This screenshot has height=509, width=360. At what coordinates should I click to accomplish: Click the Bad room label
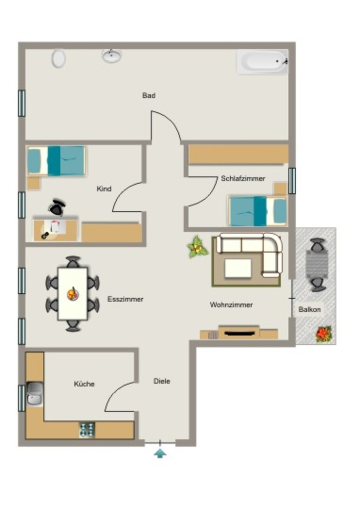(149, 95)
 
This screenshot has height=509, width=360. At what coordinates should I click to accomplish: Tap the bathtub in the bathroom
(262, 62)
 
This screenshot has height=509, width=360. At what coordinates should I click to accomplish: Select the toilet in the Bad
(59, 59)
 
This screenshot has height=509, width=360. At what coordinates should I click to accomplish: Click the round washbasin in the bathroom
(112, 56)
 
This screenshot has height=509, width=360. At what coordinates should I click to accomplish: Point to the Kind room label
(104, 188)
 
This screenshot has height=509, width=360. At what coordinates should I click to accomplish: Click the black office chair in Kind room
(57, 207)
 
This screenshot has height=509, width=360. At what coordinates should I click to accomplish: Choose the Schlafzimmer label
(243, 178)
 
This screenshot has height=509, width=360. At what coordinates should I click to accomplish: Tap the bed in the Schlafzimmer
(258, 211)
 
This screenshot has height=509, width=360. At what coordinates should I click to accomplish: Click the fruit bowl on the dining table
(73, 294)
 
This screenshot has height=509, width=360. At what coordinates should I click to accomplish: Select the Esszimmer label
(125, 299)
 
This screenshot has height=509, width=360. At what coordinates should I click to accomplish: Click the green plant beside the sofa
(197, 248)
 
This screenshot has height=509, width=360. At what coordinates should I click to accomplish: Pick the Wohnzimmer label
(231, 305)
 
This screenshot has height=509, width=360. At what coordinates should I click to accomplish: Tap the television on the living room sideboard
(239, 333)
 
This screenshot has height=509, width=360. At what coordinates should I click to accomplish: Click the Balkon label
(309, 309)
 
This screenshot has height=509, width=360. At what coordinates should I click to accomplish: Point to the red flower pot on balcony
(324, 334)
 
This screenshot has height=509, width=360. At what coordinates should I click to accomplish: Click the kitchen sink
(35, 394)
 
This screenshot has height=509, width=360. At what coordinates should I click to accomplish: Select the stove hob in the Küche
(87, 429)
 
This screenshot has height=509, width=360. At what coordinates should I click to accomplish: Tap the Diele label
(162, 381)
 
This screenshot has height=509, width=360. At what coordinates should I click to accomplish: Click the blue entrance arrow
(160, 453)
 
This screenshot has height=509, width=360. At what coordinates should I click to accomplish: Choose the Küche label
(84, 384)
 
